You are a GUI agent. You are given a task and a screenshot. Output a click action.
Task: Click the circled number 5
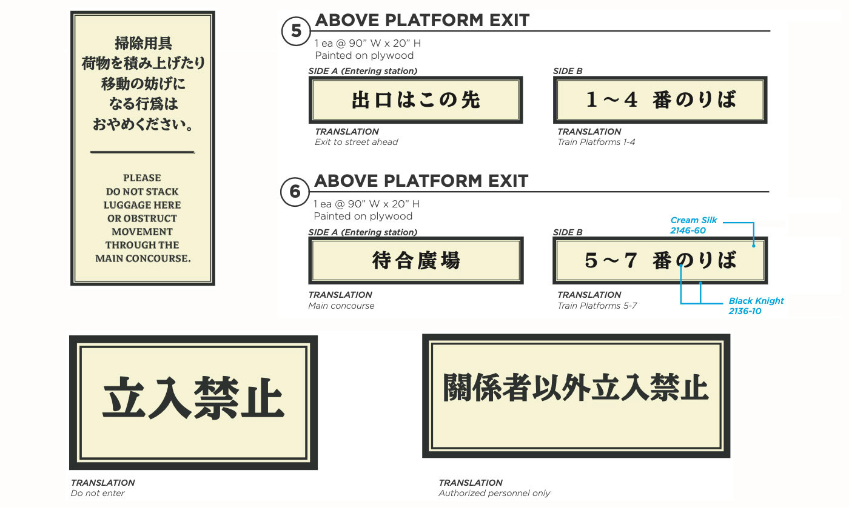click(x=296, y=31)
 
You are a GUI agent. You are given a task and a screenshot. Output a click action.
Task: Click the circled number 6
click(x=295, y=192)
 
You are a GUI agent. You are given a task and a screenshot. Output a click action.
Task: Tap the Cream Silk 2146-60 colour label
click(x=694, y=226)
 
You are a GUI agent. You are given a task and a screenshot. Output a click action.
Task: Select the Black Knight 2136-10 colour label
click(x=756, y=306)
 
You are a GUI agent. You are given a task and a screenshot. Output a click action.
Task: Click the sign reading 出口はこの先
click(x=415, y=100)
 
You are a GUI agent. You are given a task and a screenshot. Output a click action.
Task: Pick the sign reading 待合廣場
click(x=415, y=261)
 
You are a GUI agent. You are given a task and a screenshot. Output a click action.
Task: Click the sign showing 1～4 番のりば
click(x=660, y=100)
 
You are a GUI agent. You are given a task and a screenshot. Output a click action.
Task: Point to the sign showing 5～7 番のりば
click(x=660, y=261)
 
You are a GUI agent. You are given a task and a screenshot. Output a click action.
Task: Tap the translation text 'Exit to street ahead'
click(x=356, y=142)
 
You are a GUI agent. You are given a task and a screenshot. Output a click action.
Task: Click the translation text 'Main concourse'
click(x=341, y=306)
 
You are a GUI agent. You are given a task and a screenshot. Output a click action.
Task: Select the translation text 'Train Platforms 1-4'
click(x=596, y=142)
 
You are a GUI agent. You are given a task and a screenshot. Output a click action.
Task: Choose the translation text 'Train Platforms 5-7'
click(x=597, y=306)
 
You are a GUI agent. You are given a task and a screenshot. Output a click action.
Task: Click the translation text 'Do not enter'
click(x=98, y=493)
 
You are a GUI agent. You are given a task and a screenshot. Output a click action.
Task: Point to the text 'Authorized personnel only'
click(x=494, y=493)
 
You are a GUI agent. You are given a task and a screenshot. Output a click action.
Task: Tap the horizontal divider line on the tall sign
click(x=143, y=152)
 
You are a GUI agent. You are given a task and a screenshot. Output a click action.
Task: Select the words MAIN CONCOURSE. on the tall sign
click(x=143, y=258)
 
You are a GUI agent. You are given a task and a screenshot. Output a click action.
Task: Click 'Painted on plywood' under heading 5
click(x=364, y=55)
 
